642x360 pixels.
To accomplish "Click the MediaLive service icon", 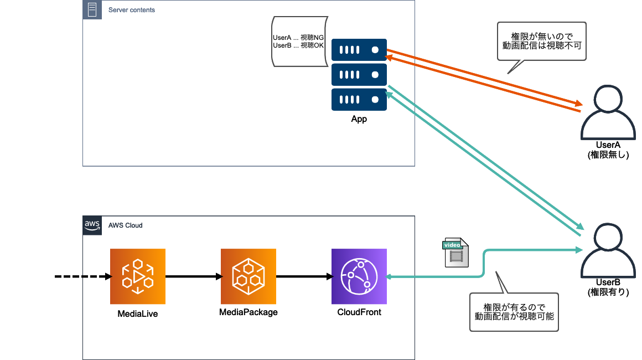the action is pos(138,276).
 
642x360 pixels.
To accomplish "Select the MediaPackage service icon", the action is pos(248,276).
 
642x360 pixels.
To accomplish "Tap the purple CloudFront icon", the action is pos(359,276).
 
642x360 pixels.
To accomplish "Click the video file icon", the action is pos(456,253).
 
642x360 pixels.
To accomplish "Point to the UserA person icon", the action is pos(608,112).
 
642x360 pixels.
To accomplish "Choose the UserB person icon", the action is pos(608,251).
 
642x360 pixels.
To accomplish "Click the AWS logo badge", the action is pos(92,225).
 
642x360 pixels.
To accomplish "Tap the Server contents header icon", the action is pos(92,10).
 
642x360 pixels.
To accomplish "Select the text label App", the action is pos(359,119).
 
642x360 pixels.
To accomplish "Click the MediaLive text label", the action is pos(138,313).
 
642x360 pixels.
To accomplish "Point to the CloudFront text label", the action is pos(359,312).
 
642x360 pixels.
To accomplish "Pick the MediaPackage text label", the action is pos(248,312).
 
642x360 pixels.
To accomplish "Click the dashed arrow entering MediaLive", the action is pos(83,276).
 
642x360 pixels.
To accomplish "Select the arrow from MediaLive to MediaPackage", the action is pos(193,276).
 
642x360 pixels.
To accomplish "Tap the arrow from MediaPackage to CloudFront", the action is pos(304,276).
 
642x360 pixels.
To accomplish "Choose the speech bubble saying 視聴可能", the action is pos(514,312).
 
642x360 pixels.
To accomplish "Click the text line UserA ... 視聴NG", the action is pos(298,38).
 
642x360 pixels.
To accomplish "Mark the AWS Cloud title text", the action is pos(125,225).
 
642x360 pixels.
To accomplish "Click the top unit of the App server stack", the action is pos(359,50).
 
